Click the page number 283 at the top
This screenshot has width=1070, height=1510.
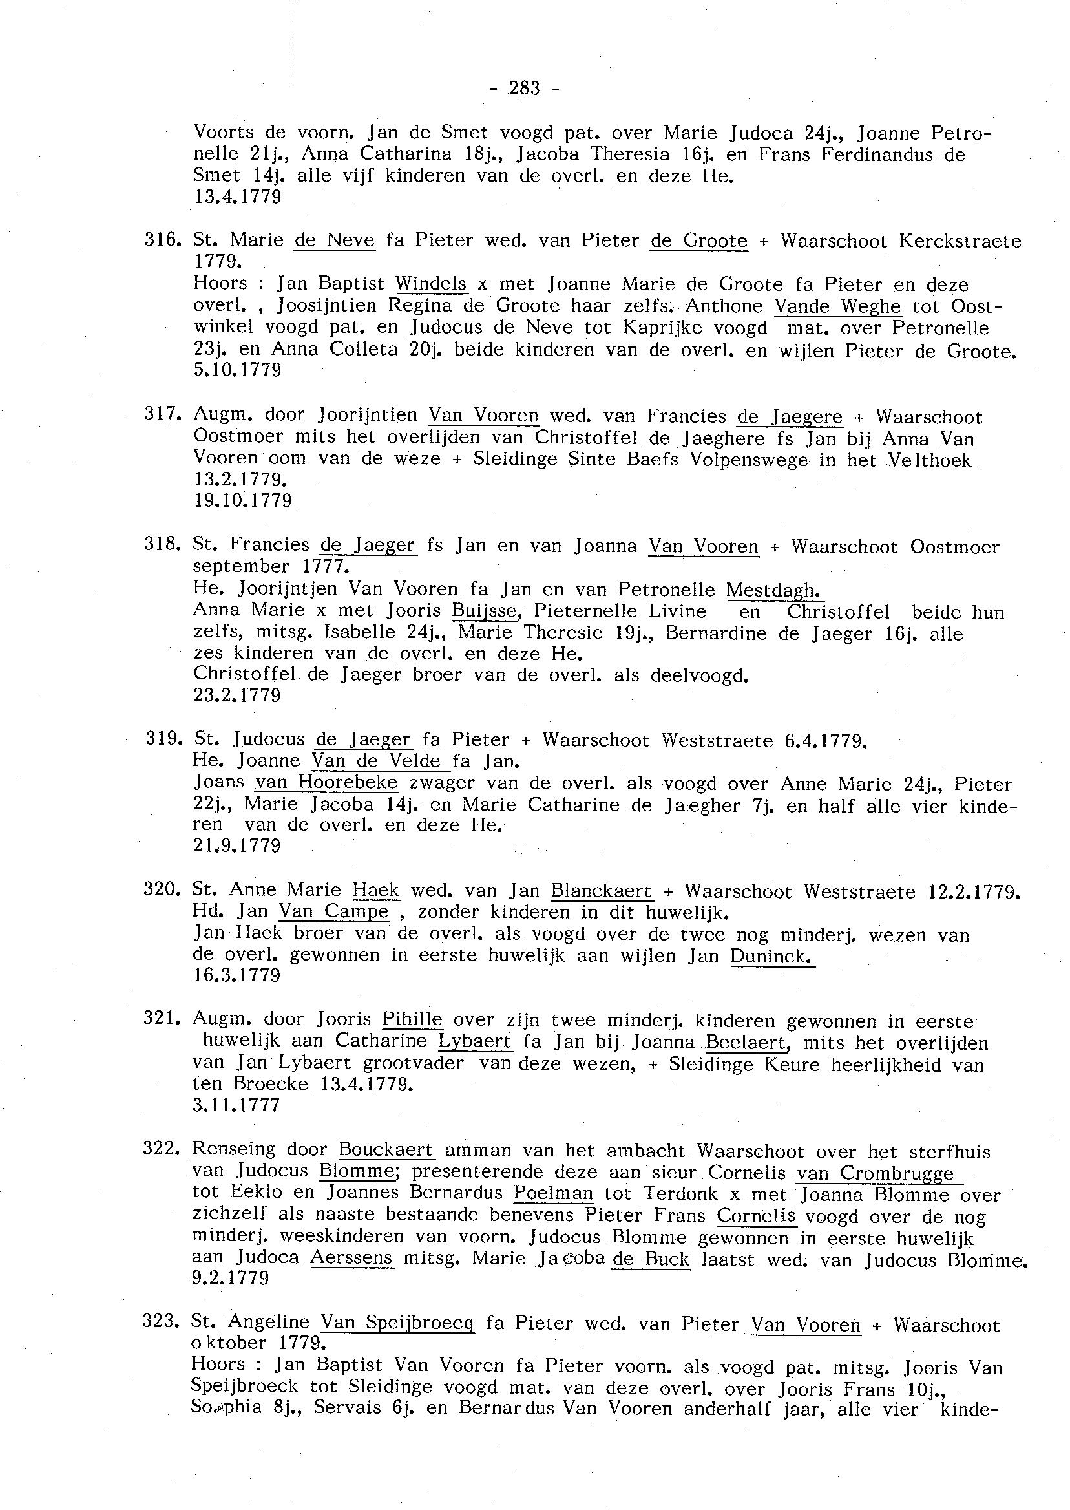point(525,89)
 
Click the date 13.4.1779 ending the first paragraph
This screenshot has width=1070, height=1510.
point(237,197)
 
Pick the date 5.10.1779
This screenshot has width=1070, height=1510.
point(237,370)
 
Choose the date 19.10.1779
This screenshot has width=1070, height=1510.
point(242,500)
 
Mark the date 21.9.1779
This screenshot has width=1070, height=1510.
point(237,845)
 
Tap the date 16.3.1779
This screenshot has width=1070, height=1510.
point(237,975)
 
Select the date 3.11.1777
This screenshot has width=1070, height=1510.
point(236,1105)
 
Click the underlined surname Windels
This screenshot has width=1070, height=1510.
point(431,283)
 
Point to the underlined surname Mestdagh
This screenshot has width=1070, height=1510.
point(774,590)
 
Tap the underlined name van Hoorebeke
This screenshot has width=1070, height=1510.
point(327,783)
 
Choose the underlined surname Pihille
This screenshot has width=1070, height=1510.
point(412,1019)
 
